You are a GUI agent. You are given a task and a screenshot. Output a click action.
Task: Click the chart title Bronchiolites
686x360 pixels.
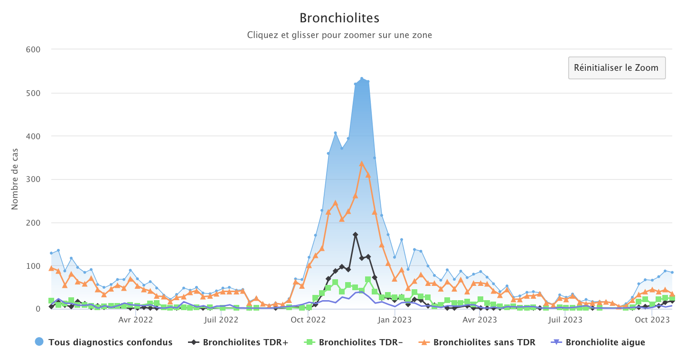point(339,18)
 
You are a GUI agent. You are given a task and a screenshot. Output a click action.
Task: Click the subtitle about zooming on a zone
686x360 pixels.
point(339,35)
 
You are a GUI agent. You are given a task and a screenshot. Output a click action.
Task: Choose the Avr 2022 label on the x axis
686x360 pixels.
point(136,320)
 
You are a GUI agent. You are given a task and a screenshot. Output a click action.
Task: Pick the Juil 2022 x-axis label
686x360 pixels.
point(221,320)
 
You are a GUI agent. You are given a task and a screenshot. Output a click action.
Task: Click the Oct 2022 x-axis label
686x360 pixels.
point(308,320)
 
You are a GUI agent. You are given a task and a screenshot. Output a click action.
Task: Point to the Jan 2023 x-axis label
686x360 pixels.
point(395,320)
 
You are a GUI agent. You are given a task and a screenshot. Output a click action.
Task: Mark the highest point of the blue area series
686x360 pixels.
point(362,79)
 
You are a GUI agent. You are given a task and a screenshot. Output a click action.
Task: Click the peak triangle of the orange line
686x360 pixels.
point(362,164)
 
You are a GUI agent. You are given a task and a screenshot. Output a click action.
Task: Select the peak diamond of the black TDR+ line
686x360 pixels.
point(355,235)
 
